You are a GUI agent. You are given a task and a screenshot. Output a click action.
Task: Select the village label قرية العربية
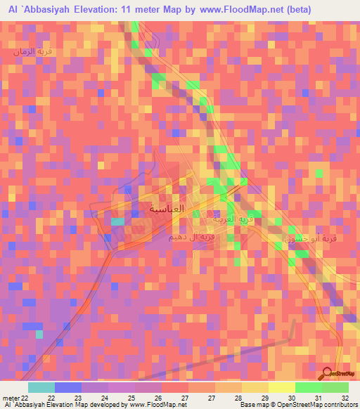(233, 219)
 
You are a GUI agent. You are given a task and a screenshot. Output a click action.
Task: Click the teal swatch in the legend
(41, 387)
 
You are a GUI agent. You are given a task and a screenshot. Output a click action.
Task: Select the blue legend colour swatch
(68, 387)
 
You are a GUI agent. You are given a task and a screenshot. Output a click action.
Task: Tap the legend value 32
(345, 398)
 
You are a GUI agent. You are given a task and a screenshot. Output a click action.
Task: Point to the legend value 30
(291, 398)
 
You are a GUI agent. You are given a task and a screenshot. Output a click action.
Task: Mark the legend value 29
(264, 398)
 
